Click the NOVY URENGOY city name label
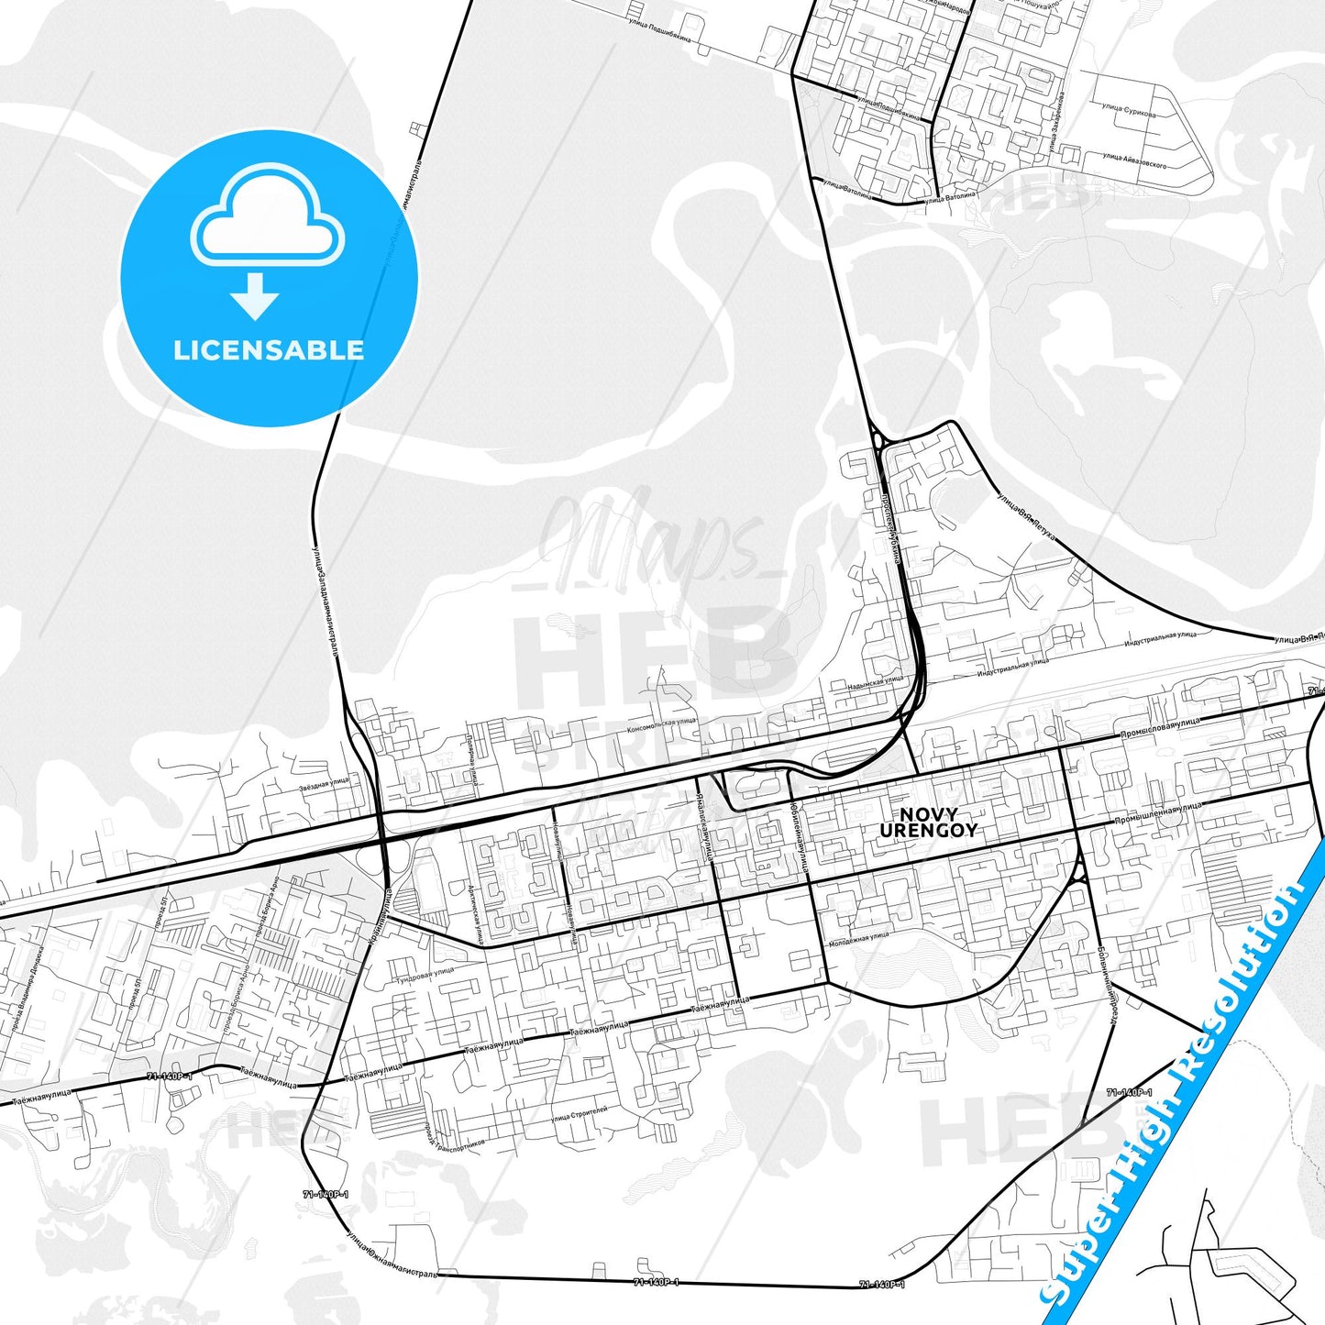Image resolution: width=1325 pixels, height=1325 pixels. [x=928, y=823]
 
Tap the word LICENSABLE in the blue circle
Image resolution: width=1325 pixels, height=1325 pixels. [x=269, y=350]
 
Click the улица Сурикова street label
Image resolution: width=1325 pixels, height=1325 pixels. [x=1129, y=111]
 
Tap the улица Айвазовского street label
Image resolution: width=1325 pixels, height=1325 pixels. [x=1134, y=161]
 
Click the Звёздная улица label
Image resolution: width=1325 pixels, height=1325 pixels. [x=324, y=782]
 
